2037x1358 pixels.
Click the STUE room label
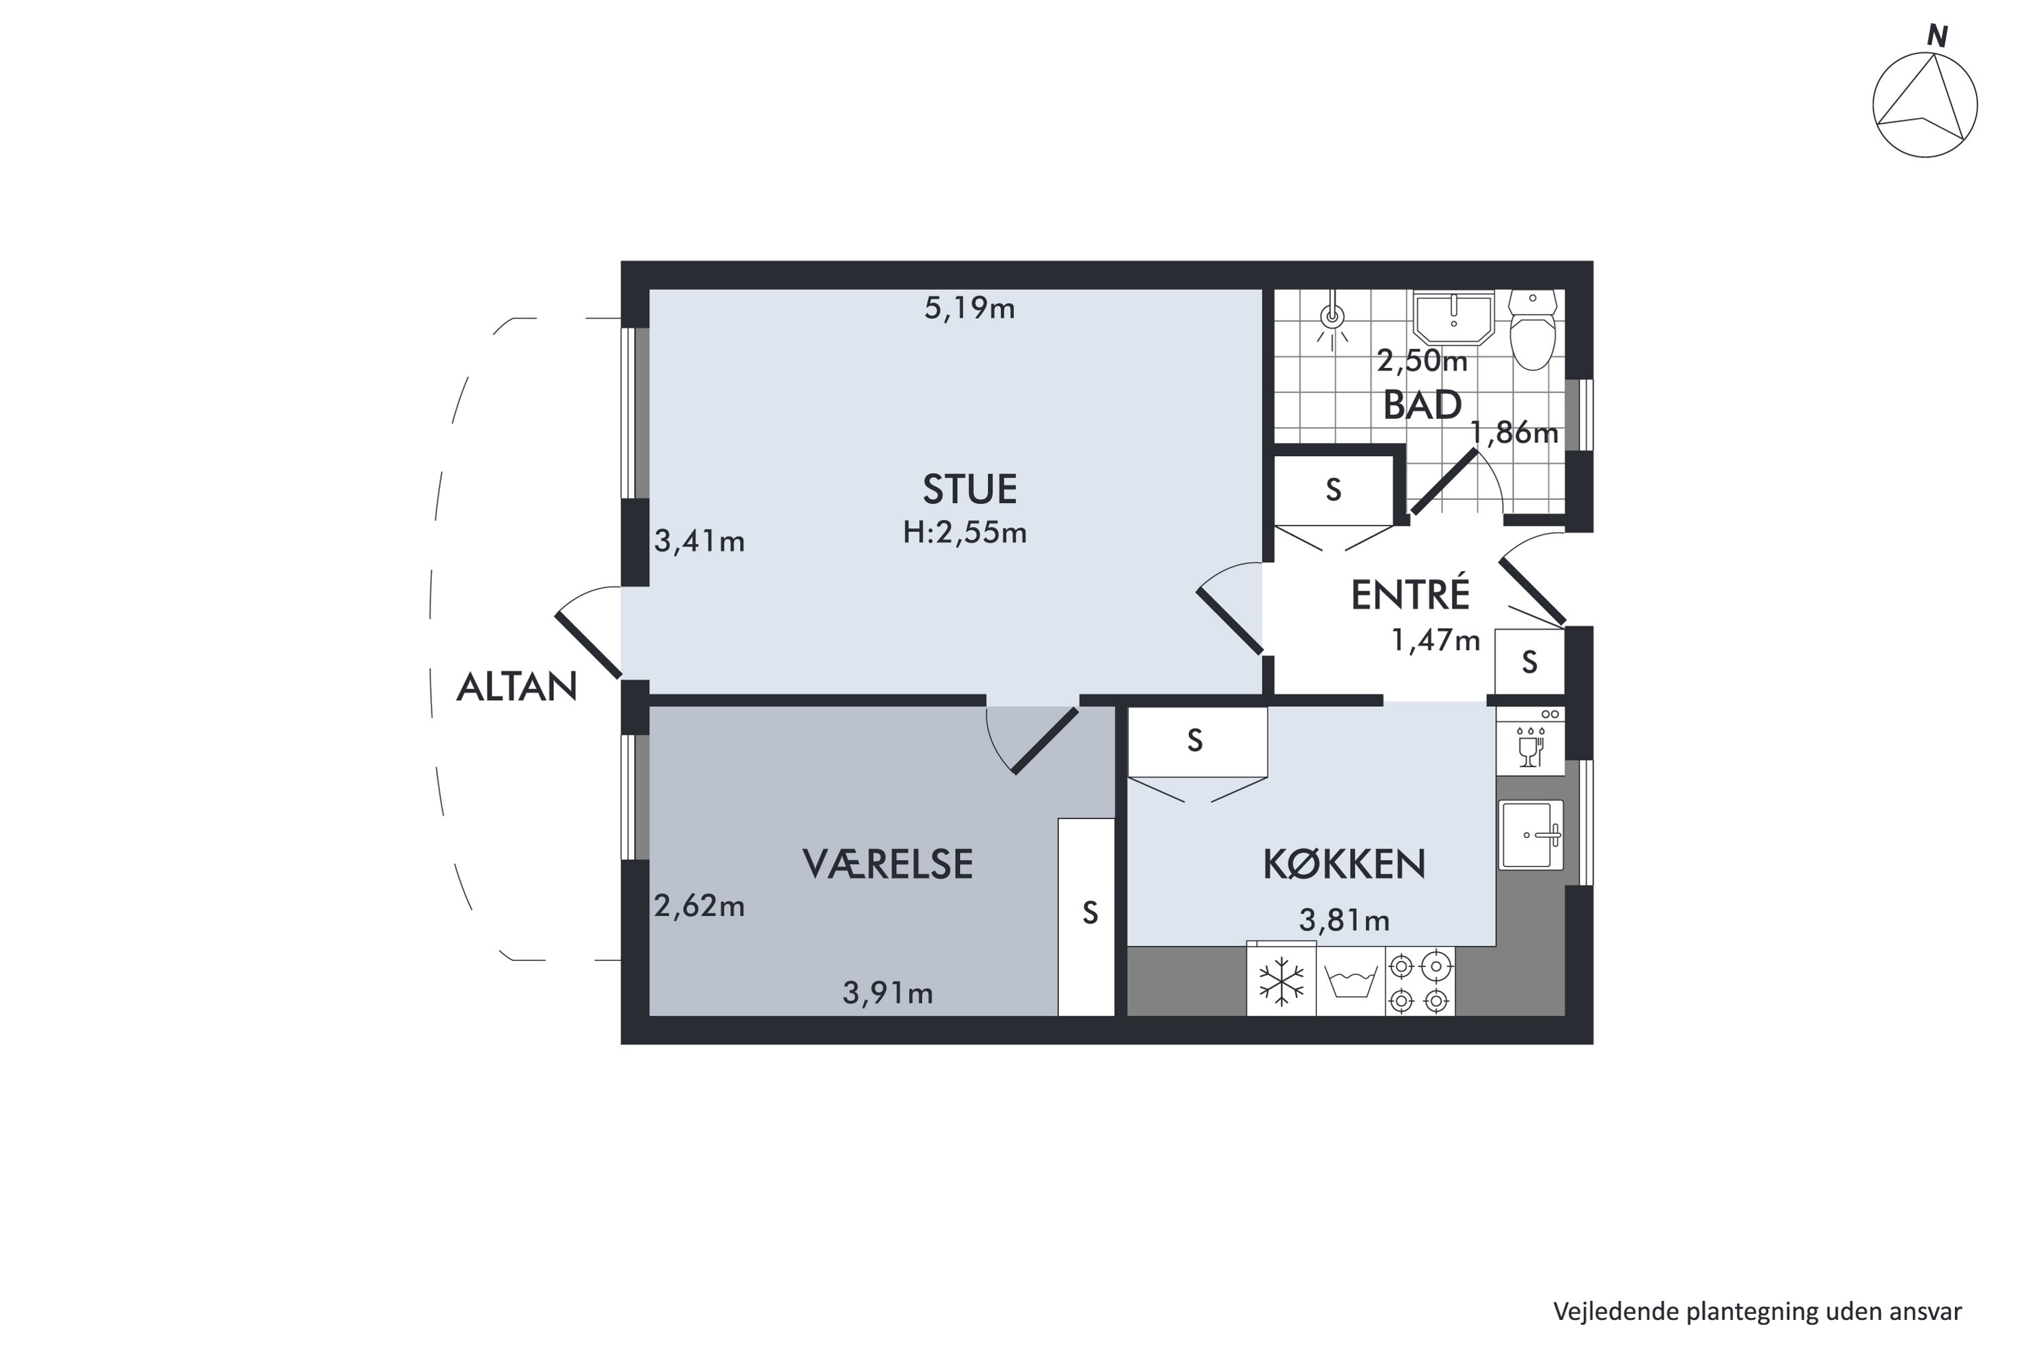(x=969, y=490)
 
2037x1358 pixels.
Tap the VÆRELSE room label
(x=887, y=864)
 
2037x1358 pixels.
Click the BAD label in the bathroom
(x=1422, y=405)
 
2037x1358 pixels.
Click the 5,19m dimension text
(x=969, y=308)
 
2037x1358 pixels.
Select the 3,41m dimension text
(x=699, y=541)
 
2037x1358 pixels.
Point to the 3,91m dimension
(x=887, y=993)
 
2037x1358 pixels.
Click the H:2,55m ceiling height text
(x=965, y=532)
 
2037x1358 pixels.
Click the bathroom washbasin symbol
(x=1454, y=318)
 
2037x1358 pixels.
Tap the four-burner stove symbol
(x=1420, y=981)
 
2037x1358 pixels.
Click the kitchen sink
(x=1531, y=835)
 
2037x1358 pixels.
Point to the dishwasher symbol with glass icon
(x=1531, y=742)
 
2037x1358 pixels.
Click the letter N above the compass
(x=1937, y=37)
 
